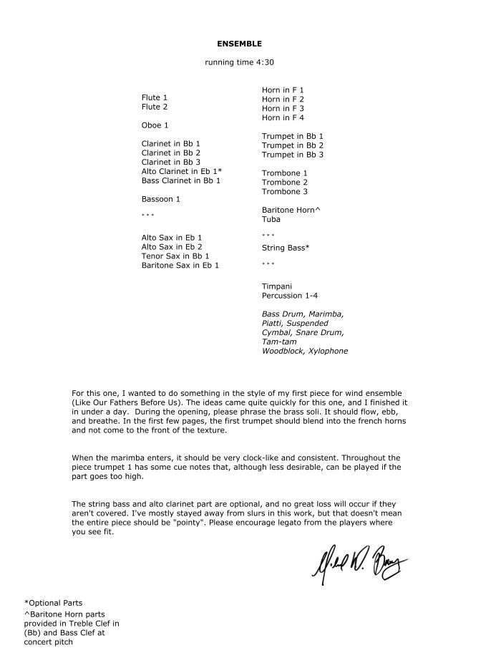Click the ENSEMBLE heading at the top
click(x=239, y=44)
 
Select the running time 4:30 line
click(x=239, y=62)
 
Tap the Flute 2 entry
click(x=155, y=107)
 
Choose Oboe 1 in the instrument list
click(x=155, y=125)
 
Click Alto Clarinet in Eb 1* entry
click(x=182, y=171)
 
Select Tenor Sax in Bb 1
click(x=175, y=256)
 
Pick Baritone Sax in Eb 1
click(x=180, y=265)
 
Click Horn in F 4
click(x=283, y=117)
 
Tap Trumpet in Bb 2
click(x=293, y=145)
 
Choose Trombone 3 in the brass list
click(x=285, y=192)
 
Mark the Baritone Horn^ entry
click(x=291, y=210)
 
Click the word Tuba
click(x=271, y=219)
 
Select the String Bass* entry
click(x=286, y=248)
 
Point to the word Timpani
click(x=277, y=286)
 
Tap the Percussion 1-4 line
click(x=289, y=295)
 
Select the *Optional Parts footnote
click(x=53, y=603)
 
